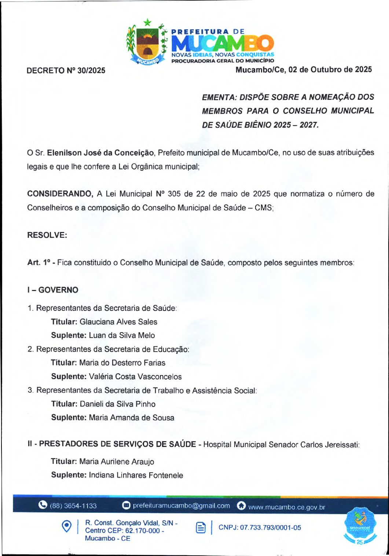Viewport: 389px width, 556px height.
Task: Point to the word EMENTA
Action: click(219, 97)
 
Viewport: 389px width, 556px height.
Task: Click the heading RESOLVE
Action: click(47, 235)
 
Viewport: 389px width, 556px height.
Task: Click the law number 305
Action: click(174, 194)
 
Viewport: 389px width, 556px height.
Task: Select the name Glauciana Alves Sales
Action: click(118, 322)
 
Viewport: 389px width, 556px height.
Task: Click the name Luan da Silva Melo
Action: click(122, 335)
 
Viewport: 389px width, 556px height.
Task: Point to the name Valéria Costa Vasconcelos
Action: click(135, 377)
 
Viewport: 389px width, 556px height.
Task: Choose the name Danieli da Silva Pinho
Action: click(118, 404)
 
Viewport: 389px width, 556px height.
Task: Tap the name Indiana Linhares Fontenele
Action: click(136, 475)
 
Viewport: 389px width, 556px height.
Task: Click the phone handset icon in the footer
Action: click(43, 505)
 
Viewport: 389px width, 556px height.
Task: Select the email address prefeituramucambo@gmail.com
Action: click(181, 506)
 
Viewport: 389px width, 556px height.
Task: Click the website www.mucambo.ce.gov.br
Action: click(286, 507)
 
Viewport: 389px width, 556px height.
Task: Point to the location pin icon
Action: click(66, 526)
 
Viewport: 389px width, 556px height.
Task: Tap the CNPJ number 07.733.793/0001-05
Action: click(270, 528)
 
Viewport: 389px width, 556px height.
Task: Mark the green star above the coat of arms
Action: click(147, 22)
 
